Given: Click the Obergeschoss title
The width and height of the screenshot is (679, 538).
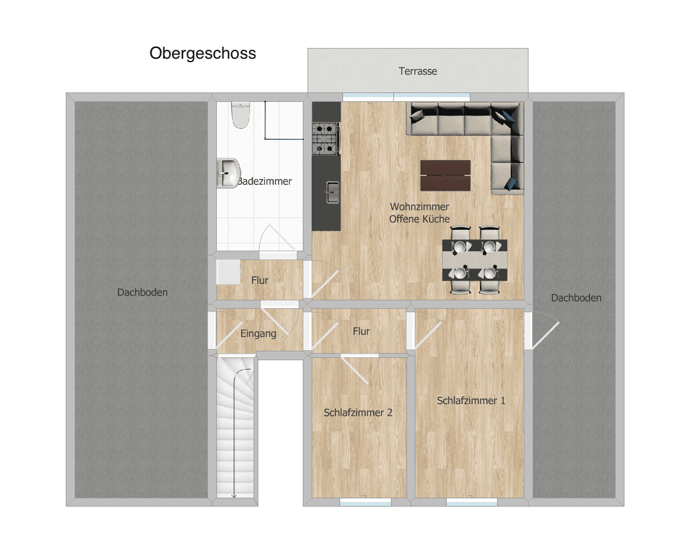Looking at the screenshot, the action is click(x=203, y=53).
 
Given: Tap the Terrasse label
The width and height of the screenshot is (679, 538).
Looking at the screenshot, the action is click(x=418, y=71).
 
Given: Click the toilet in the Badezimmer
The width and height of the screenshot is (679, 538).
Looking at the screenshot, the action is click(x=241, y=115).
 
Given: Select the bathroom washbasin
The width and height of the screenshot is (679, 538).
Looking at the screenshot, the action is click(x=228, y=173).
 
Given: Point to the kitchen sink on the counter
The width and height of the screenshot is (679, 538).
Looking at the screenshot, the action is click(x=332, y=193).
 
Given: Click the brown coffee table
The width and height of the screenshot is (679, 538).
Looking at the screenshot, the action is click(x=445, y=175).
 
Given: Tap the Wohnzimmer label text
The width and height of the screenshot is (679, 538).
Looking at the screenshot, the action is click(x=419, y=207).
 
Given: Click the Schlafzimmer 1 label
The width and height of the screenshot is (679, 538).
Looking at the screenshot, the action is click(x=470, y=401).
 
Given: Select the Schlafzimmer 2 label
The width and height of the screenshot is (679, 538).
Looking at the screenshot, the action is click(x=358, y=413).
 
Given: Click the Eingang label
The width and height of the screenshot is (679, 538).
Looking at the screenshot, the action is click(x=258, y=334).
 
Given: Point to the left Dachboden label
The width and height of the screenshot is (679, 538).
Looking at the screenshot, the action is click(x=142, y=292).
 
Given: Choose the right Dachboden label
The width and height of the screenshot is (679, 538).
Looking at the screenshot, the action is click(x=576, y=298).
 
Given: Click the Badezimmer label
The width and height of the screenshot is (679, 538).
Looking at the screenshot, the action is click(x=265, y=181).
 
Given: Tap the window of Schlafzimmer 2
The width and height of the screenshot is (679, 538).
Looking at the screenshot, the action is click(x=366, y=502).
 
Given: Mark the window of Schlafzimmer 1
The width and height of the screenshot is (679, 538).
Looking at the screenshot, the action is click(x=472, y=502).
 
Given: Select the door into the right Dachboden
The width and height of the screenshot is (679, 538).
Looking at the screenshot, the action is click(x=542, y=331).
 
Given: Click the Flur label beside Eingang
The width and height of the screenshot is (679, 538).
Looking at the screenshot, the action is click(x=361, y=331).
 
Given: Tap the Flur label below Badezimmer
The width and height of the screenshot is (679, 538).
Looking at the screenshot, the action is click(x=260, y=280).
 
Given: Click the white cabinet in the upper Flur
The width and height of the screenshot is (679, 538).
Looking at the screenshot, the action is click(x=228, y=272).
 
